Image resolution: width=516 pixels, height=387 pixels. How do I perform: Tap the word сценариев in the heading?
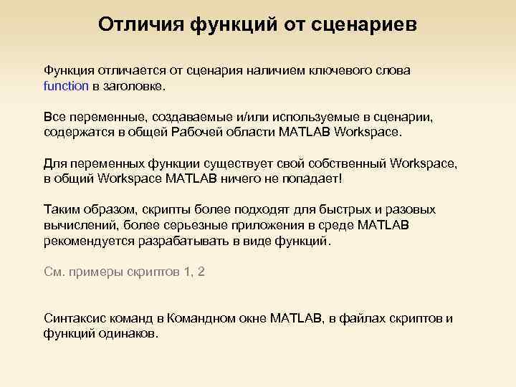365,24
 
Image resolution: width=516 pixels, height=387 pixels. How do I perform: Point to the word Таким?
62,209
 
